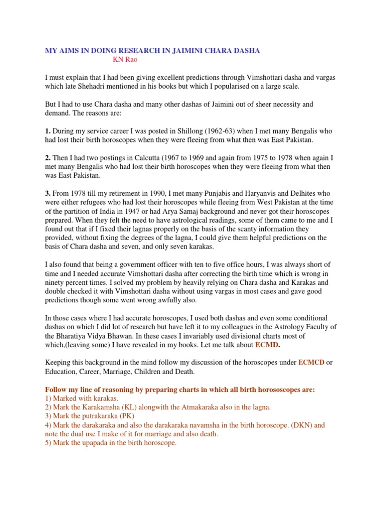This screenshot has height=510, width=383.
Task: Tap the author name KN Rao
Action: coord(124,59)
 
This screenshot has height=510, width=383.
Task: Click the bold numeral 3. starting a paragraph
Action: coord(48,193)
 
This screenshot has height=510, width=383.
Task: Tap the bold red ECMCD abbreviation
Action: coord(311,362)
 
